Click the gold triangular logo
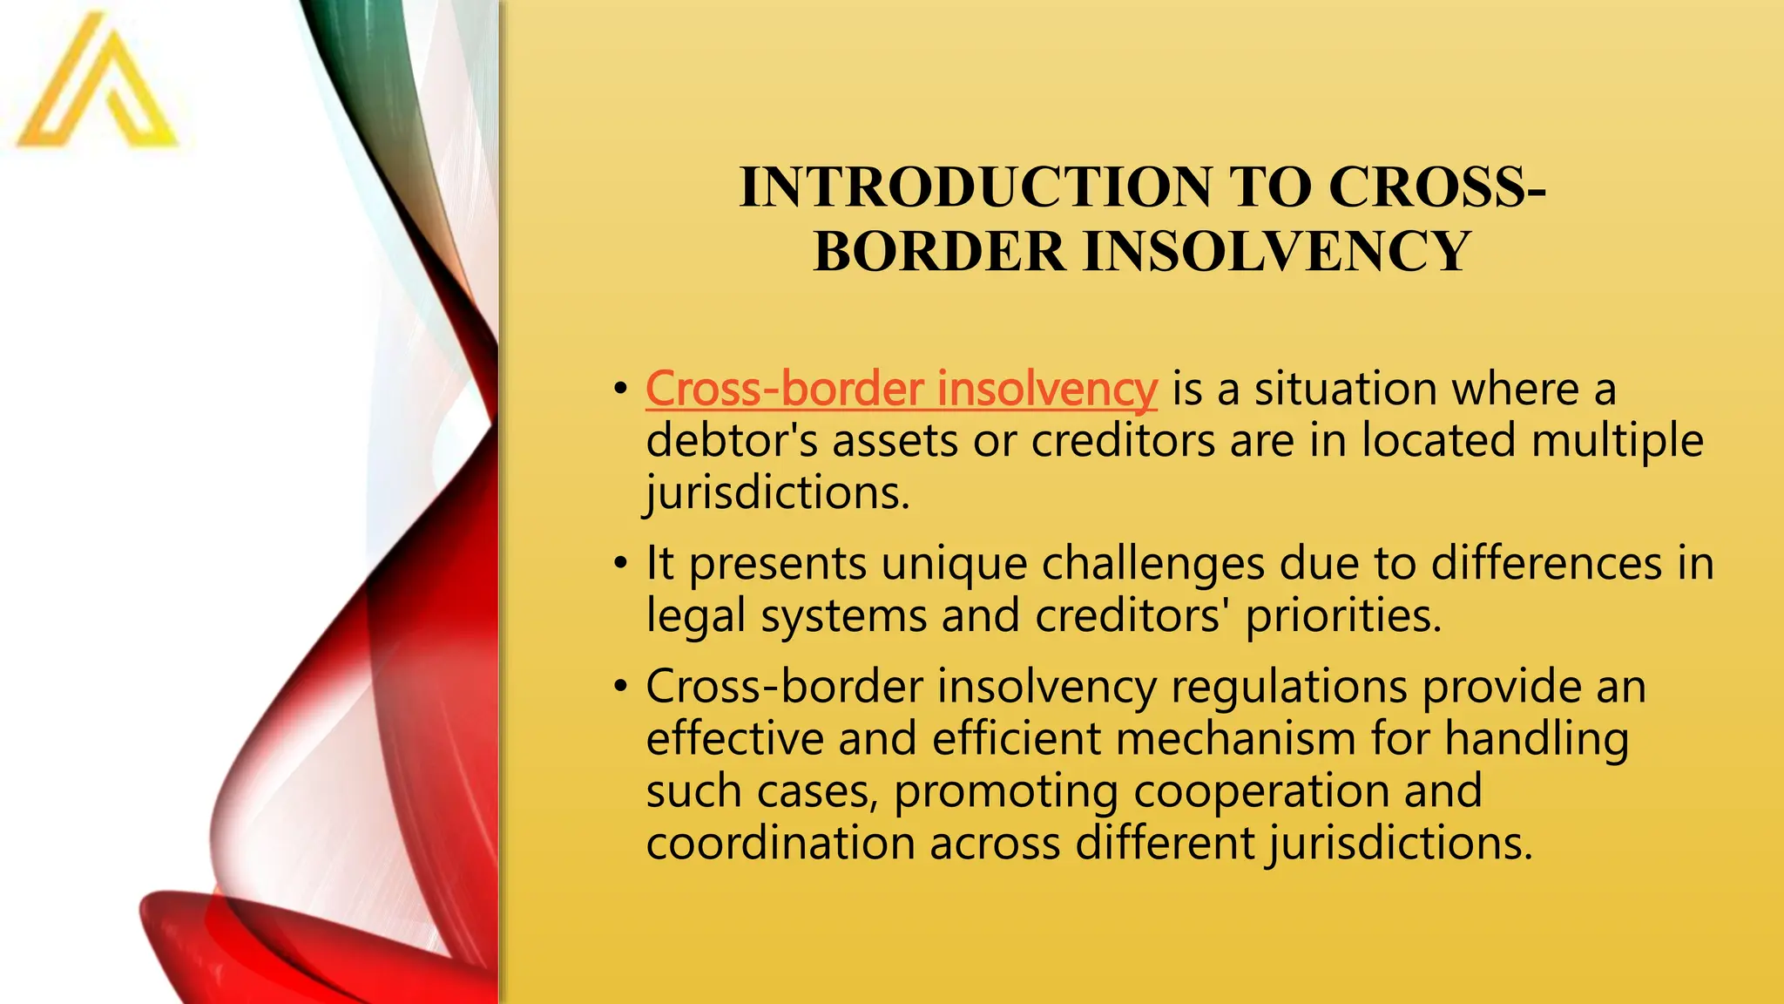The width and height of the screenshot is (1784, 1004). [x=97, y=87]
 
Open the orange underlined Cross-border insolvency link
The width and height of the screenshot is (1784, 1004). [x=901, y=389]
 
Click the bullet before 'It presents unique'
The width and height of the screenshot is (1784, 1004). [x=619, y=564]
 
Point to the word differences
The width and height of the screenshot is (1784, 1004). [x=1546, y=564]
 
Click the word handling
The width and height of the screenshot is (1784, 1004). [x=1537, y=739]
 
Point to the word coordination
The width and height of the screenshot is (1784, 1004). [x=780, y=844]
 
